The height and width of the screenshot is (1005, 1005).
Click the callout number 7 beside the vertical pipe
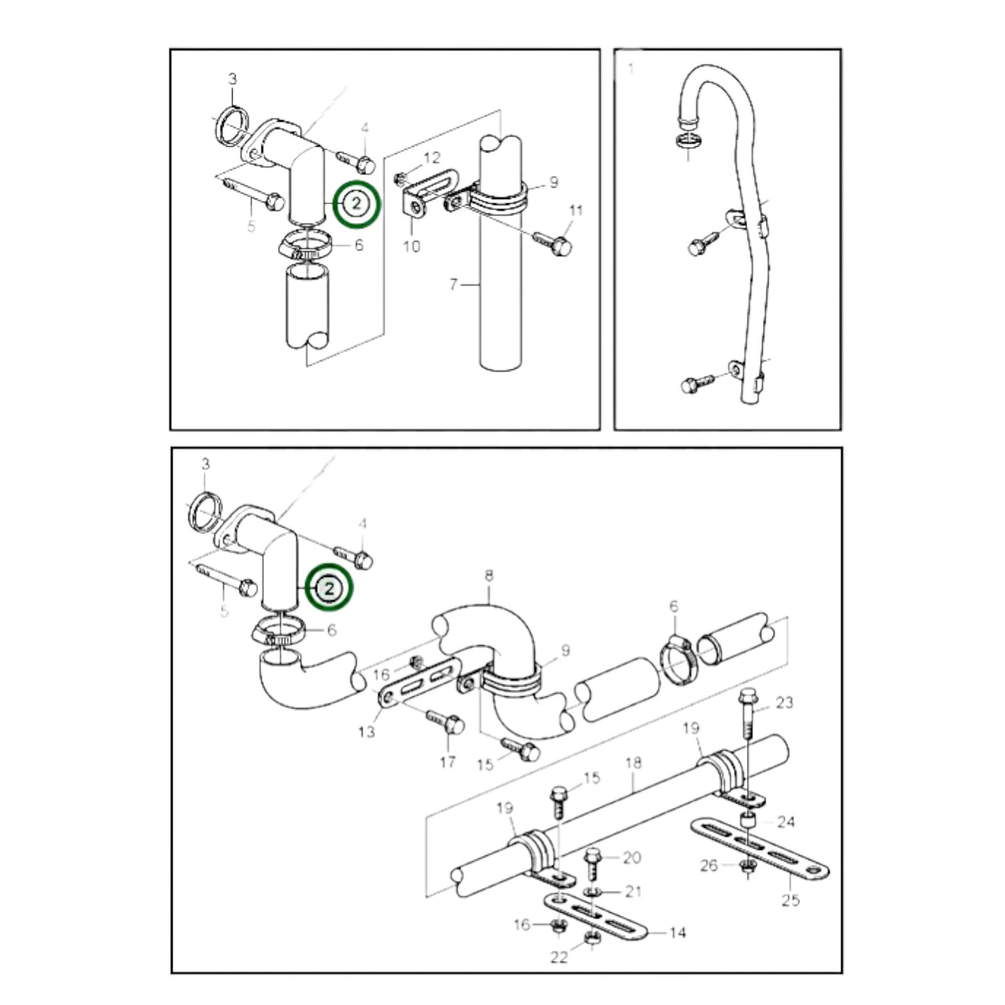pyautogui.click(x=453, y=284)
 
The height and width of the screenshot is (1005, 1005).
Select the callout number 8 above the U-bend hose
pyautogui.click(x=489, y=576)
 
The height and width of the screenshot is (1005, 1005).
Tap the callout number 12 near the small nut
pyautogui.click(x=432, y=159)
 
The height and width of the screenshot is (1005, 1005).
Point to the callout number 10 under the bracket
pyautogui.click(x=412, y=246)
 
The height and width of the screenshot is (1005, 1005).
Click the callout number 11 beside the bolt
pyautogui.click(x=576, y=211)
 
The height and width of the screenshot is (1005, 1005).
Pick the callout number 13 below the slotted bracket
pyautogui.click(x=367, y=731)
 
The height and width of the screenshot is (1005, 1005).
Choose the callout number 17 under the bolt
pyautogui.click(x=448, y=762)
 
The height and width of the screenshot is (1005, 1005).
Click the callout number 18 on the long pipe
pyautogui.click(x=633, y=763)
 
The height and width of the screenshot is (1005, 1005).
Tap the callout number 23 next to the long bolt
pyautogui.click(x=784, y=702)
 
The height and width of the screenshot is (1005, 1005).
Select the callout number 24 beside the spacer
pyautogui.click(x=786, y=822)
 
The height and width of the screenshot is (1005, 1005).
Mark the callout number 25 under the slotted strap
pyautogui.click(x=791, y=901)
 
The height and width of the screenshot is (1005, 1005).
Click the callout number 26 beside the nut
pyautogui.click(x=709, y=866)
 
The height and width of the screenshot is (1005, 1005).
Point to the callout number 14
pyautogui.click(x=677, y=933)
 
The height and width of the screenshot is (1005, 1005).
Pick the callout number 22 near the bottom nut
pyautogui.click(x=559, y=958)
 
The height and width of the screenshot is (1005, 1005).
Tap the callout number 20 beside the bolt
pyautogui.click(x=632, y=858)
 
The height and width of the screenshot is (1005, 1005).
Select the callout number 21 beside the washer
pyautogui.click(x=633, y=892)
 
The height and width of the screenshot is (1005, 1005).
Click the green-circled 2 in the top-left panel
pyautogui.click(x=357, y=203)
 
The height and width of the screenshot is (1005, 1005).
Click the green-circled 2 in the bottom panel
pyautogui.click(x=330, y=589)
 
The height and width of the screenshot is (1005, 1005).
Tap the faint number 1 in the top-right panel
pyautogui.click(x=631, y=69)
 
